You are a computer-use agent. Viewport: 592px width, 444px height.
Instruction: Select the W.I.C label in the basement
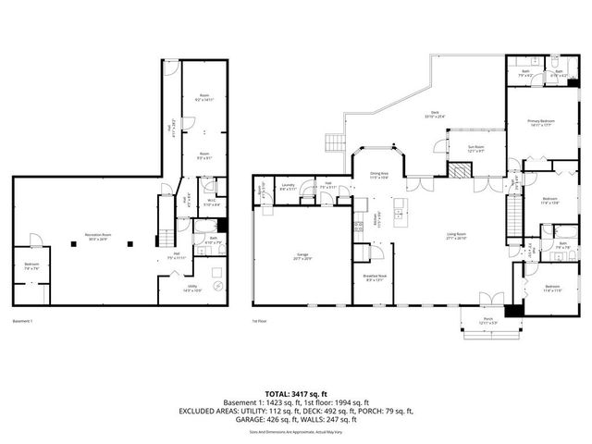[211, 203]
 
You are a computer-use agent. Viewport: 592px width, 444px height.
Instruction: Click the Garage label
[302, 254]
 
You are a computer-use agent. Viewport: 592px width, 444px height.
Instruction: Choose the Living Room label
[455, 236]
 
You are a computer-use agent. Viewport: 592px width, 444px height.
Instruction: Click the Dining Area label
[378, 174]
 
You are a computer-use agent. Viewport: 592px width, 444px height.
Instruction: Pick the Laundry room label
[289, 186]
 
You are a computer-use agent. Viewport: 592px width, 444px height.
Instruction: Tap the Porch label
[487, 321]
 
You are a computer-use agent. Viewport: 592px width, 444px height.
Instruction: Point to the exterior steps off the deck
[334, 142]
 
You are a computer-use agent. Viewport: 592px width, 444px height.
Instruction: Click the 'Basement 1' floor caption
[23, 321]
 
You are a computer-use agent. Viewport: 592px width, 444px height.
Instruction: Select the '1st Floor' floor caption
[261, 321]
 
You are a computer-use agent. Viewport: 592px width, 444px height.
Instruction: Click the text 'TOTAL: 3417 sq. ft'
[296, 393]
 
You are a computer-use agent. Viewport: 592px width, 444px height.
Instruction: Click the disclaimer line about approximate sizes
[296, 432]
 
